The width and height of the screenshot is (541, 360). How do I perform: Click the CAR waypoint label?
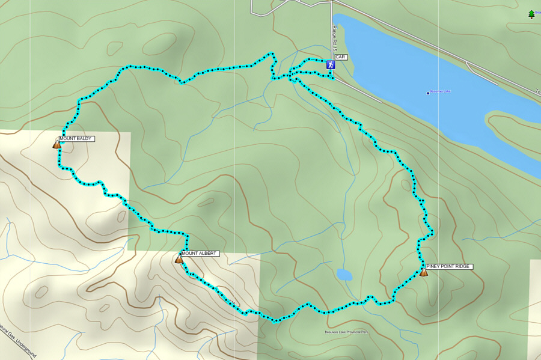pos(341,57)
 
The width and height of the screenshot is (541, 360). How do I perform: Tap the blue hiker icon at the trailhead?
pos(331,64)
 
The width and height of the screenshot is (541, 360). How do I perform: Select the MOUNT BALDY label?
pos(76,139)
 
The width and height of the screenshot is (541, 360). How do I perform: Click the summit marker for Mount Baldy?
pos(57,144)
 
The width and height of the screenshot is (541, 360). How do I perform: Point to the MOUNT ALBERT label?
pos(200,254)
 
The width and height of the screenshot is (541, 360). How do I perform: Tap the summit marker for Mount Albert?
pos(179,259)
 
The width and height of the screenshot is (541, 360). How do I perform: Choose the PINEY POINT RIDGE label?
pos(448,266)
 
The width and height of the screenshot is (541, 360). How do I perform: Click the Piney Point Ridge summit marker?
pos(424,272)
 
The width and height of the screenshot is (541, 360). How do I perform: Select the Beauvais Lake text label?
pos(441,91)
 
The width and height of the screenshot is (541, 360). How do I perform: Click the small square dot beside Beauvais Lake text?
pos(428,93)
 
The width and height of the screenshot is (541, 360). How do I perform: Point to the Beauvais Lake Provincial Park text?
pos(346,332)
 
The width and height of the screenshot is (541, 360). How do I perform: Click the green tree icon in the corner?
pos(531,14)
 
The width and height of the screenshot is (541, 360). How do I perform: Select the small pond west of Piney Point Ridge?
pos(344,275)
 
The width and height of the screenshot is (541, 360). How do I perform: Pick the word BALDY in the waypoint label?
pos(84,139)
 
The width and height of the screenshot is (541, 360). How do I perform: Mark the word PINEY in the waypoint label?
pos(434,266)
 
